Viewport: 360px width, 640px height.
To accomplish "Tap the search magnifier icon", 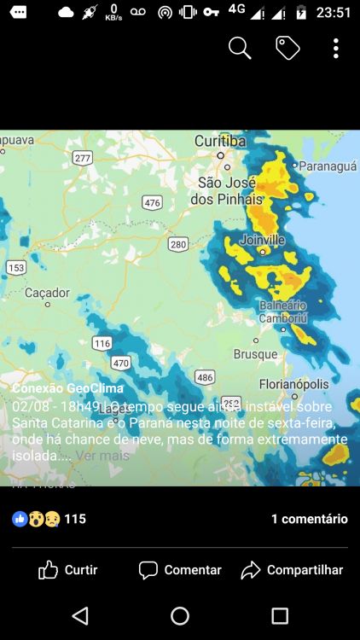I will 240,49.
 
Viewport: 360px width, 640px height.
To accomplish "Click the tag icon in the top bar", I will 287,49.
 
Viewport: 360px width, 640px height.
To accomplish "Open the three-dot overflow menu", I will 336,49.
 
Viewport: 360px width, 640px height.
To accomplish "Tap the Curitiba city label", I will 220,141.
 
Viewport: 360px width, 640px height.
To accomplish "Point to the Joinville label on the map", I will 263,240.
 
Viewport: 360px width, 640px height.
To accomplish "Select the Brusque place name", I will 255,354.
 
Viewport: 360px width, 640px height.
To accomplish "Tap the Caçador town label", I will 47,293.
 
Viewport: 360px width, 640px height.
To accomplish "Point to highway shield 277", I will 83,158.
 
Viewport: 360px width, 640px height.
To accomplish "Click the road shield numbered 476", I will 153,202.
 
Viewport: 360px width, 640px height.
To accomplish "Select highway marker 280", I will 178,245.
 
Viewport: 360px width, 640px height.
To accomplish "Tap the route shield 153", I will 15,268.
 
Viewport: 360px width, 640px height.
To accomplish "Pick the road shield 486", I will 205,377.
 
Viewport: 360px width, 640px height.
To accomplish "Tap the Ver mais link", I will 102,456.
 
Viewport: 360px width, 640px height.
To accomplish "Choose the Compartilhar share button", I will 293,570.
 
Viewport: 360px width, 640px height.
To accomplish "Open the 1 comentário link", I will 309,519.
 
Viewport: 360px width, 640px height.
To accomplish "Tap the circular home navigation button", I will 180,615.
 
